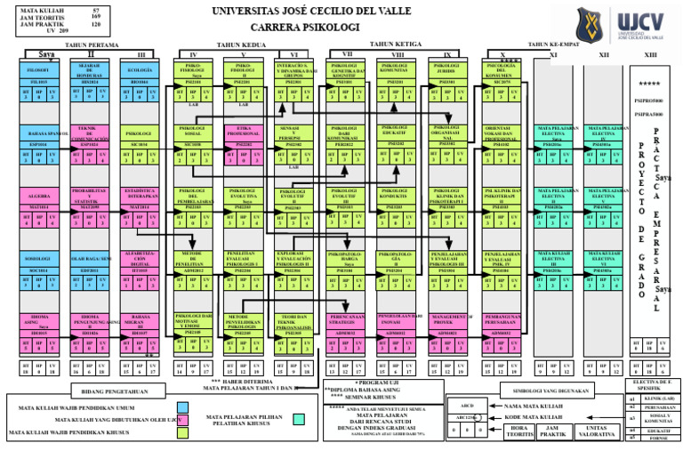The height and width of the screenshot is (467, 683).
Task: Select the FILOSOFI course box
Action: click(x=38, y=69)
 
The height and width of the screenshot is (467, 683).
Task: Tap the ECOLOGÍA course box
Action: click(x=139, y=69)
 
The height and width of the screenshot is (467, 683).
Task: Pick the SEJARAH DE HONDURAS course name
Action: click(x=88, y=70)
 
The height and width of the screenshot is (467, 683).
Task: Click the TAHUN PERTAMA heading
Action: click(x=92, y=44)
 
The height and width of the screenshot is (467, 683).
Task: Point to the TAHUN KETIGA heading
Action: click(x=395, y=44)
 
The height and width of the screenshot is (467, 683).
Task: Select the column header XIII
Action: click(x=650, y=55)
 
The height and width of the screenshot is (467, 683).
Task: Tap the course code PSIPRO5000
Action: click(x=649, y=101)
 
